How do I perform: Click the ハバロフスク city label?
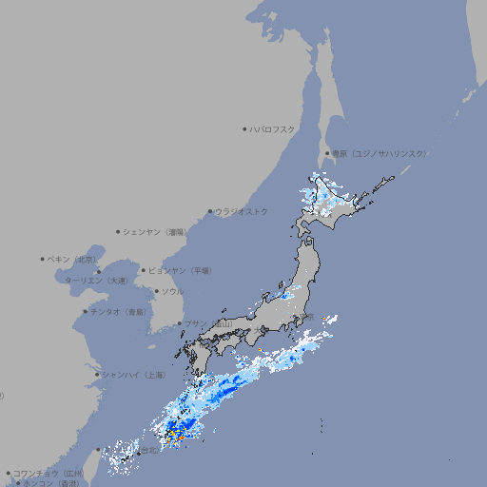pos(273,128)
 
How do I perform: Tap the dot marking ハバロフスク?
pos(244,128)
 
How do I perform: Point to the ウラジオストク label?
pos(242,211)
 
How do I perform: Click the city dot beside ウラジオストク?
pos(210,211)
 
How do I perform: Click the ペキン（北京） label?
pos(72,259)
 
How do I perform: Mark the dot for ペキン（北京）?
pos(43,259)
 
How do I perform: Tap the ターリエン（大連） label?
pos(96,281)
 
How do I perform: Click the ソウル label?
pos(172,291)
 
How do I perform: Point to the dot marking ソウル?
pos(155,291)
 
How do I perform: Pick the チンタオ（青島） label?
pos(120,311)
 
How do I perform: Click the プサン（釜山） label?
pos(207,323)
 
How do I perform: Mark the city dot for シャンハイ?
pos(97,374)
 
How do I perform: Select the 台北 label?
pos(148,451)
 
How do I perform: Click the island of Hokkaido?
pos(338,200)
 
